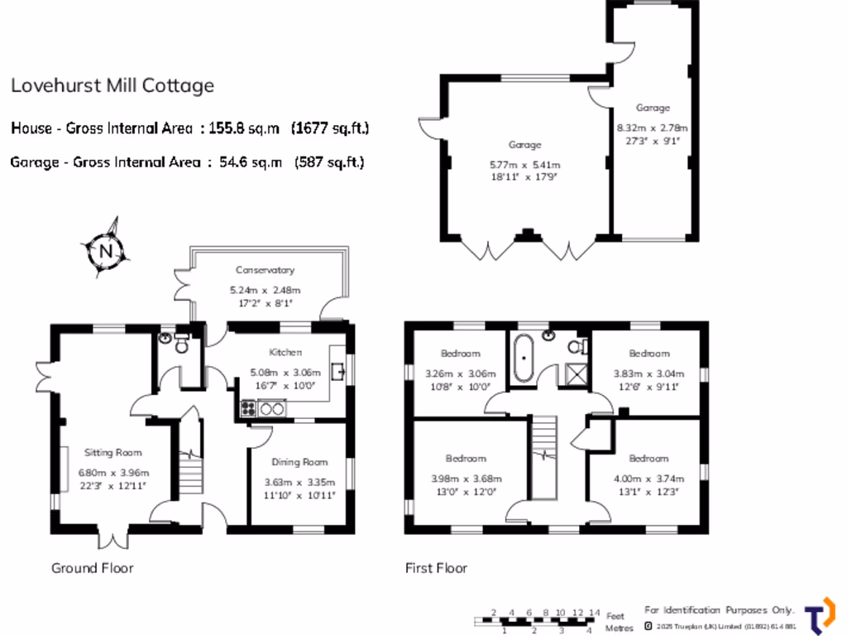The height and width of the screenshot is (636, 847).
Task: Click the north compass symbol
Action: [x=105, y=248]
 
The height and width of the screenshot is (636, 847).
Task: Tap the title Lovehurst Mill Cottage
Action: [x=112, y=85]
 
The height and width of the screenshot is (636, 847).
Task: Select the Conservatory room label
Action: [x=265, y=270]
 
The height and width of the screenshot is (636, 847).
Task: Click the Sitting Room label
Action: [x=113, y=452]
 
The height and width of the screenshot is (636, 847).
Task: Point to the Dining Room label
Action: [x=299, y=462]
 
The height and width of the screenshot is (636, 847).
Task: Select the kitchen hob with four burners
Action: [x=247, y=407]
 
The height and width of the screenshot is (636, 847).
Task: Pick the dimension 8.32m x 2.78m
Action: [x=653, y=128]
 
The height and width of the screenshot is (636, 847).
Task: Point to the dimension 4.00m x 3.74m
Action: [x=648, y=479]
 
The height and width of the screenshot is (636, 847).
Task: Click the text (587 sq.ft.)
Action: [x=329, y=162]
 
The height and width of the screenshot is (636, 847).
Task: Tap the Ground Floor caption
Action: [x=92, y=567]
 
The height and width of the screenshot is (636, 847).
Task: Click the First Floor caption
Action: [x=436, y=567]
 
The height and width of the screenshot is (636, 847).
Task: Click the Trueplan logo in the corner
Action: [x=819, y=615]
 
